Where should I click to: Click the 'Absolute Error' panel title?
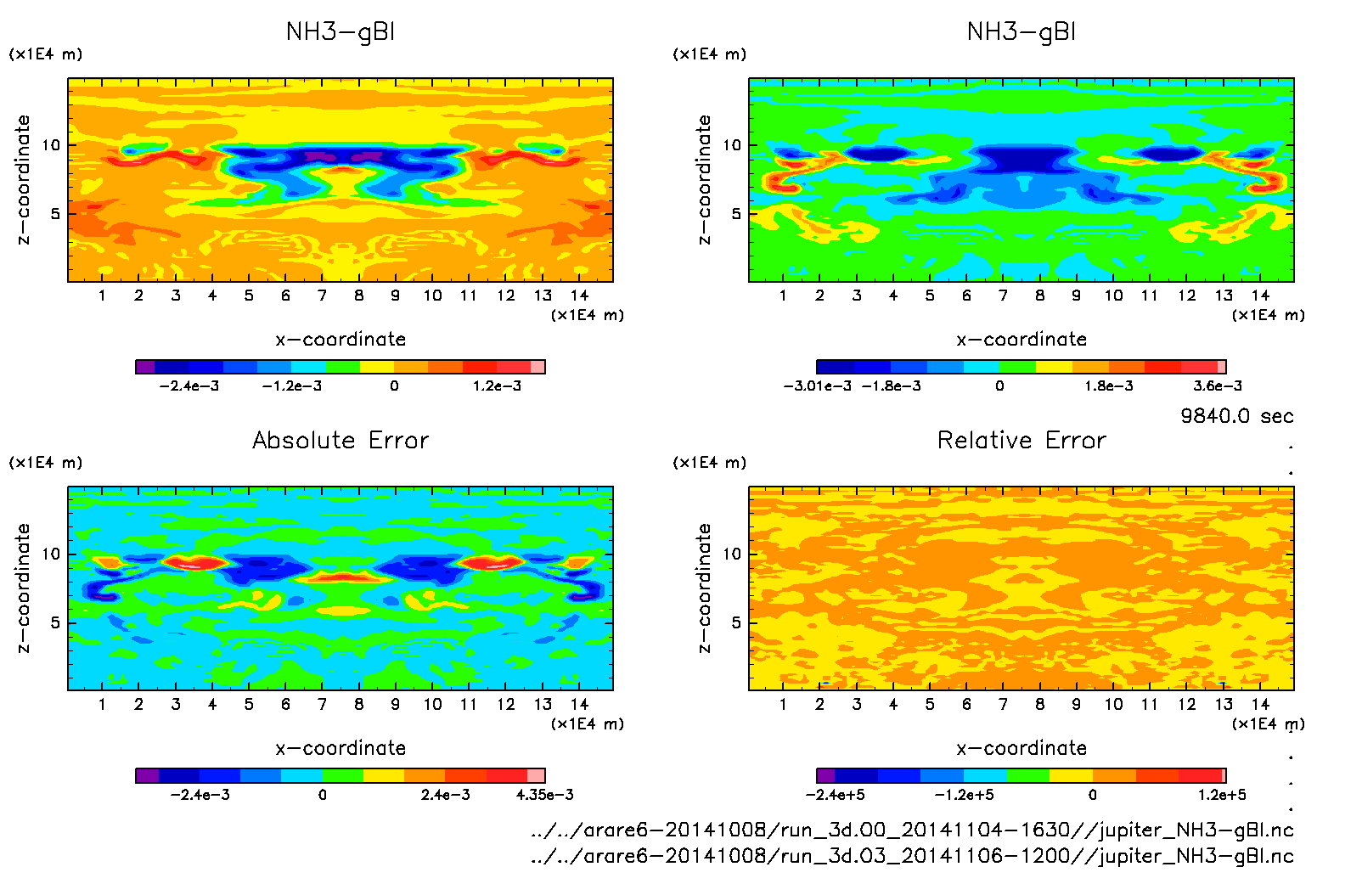pos(340,440)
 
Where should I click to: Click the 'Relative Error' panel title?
pos(1021,440)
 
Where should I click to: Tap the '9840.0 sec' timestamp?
pos(1236,416)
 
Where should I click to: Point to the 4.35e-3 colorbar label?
pos(545,795)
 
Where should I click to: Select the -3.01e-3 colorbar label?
pos(817,386)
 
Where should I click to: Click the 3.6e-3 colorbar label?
pos(1217,386)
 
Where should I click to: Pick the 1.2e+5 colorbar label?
pos(1222,795)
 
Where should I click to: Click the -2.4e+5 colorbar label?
pos(835,795)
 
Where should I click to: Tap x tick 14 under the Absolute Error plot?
pos(579,704)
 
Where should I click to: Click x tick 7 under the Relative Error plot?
pos(1003,704)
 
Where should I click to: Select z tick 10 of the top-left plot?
pos(52,145)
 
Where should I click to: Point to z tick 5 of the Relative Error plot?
pos(735,622)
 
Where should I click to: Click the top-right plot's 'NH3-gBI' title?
pos(1021,32)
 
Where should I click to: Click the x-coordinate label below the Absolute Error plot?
pos(340,748)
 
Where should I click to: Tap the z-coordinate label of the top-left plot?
pos(24,180)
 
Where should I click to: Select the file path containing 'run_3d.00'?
pos(911,830)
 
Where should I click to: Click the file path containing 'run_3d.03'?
pos(911,856)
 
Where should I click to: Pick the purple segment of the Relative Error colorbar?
pos(825,775)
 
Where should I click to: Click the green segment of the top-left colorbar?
pos(342,367)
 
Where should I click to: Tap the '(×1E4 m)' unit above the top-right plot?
pos(710,54)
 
